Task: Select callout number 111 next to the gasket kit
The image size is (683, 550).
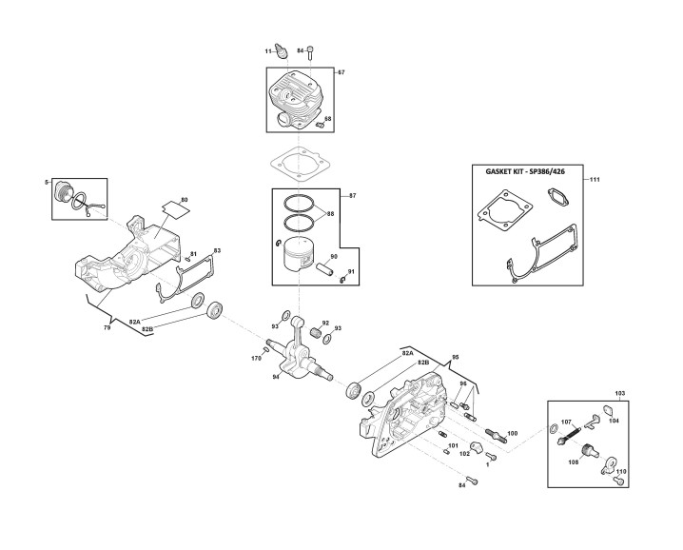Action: tap(595, 180)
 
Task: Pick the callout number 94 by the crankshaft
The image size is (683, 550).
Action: tap(276, 376)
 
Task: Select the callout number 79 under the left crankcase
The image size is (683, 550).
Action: tap(107, 327)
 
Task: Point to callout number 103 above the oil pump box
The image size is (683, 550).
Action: tap(619, 393)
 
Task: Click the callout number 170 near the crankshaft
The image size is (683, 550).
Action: tap(256, 358)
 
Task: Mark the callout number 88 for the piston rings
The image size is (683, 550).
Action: tap(330, 213)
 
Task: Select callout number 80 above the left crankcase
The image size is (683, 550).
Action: tap(184, 200)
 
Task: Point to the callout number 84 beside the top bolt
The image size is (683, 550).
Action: tap(301, 49)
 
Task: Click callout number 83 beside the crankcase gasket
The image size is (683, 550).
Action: tap(217, 250)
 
